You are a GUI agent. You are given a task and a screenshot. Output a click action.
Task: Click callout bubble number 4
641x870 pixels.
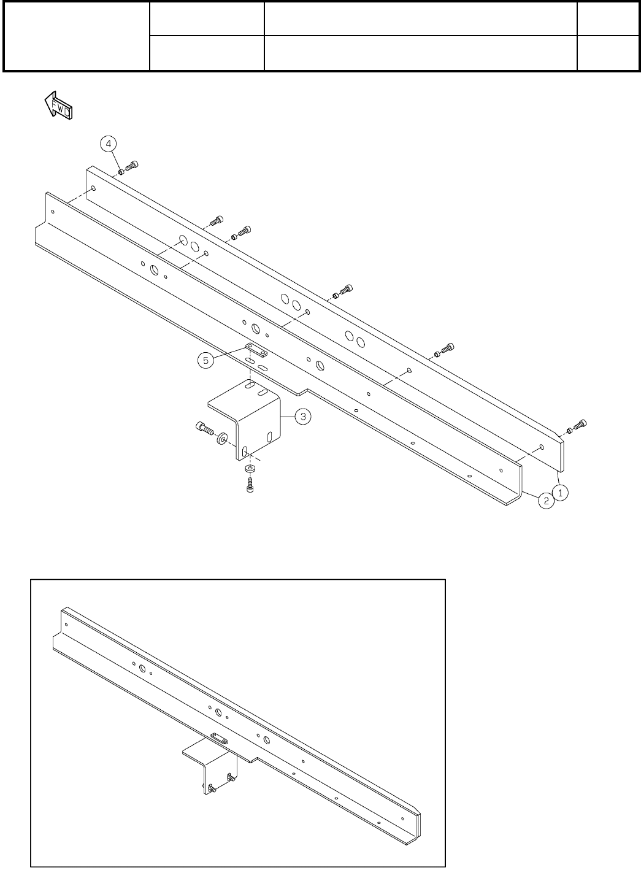coord(108,144)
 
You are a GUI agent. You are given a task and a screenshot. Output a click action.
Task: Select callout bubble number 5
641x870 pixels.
coord(206,360)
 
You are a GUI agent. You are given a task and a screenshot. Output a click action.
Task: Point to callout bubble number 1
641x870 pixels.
coord(559,491)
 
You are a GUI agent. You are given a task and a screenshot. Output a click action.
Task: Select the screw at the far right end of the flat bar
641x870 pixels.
coord(580,425)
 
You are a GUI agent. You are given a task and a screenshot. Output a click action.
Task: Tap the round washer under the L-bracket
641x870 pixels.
coord(250,469)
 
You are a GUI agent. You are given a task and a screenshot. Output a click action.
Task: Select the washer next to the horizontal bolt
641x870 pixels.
coord(222,437)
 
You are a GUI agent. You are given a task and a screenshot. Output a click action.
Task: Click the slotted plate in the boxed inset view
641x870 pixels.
coord(219,737)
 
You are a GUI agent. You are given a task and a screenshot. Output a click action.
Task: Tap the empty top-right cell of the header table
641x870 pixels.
coord(607,19)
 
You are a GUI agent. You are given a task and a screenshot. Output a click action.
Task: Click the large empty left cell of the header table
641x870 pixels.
coord(77,36)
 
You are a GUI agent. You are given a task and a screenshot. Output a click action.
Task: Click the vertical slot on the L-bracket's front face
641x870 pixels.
coord(245,452)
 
